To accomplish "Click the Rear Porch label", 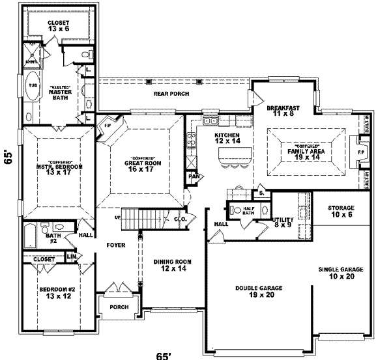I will pos(171,94).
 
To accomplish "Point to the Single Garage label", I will pos(340,273).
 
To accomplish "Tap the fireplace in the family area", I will pos(355,148).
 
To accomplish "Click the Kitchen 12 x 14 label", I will pos(228,138).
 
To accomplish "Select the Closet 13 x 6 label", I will pos(57,26).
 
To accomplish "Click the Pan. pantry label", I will pos(194,176).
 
